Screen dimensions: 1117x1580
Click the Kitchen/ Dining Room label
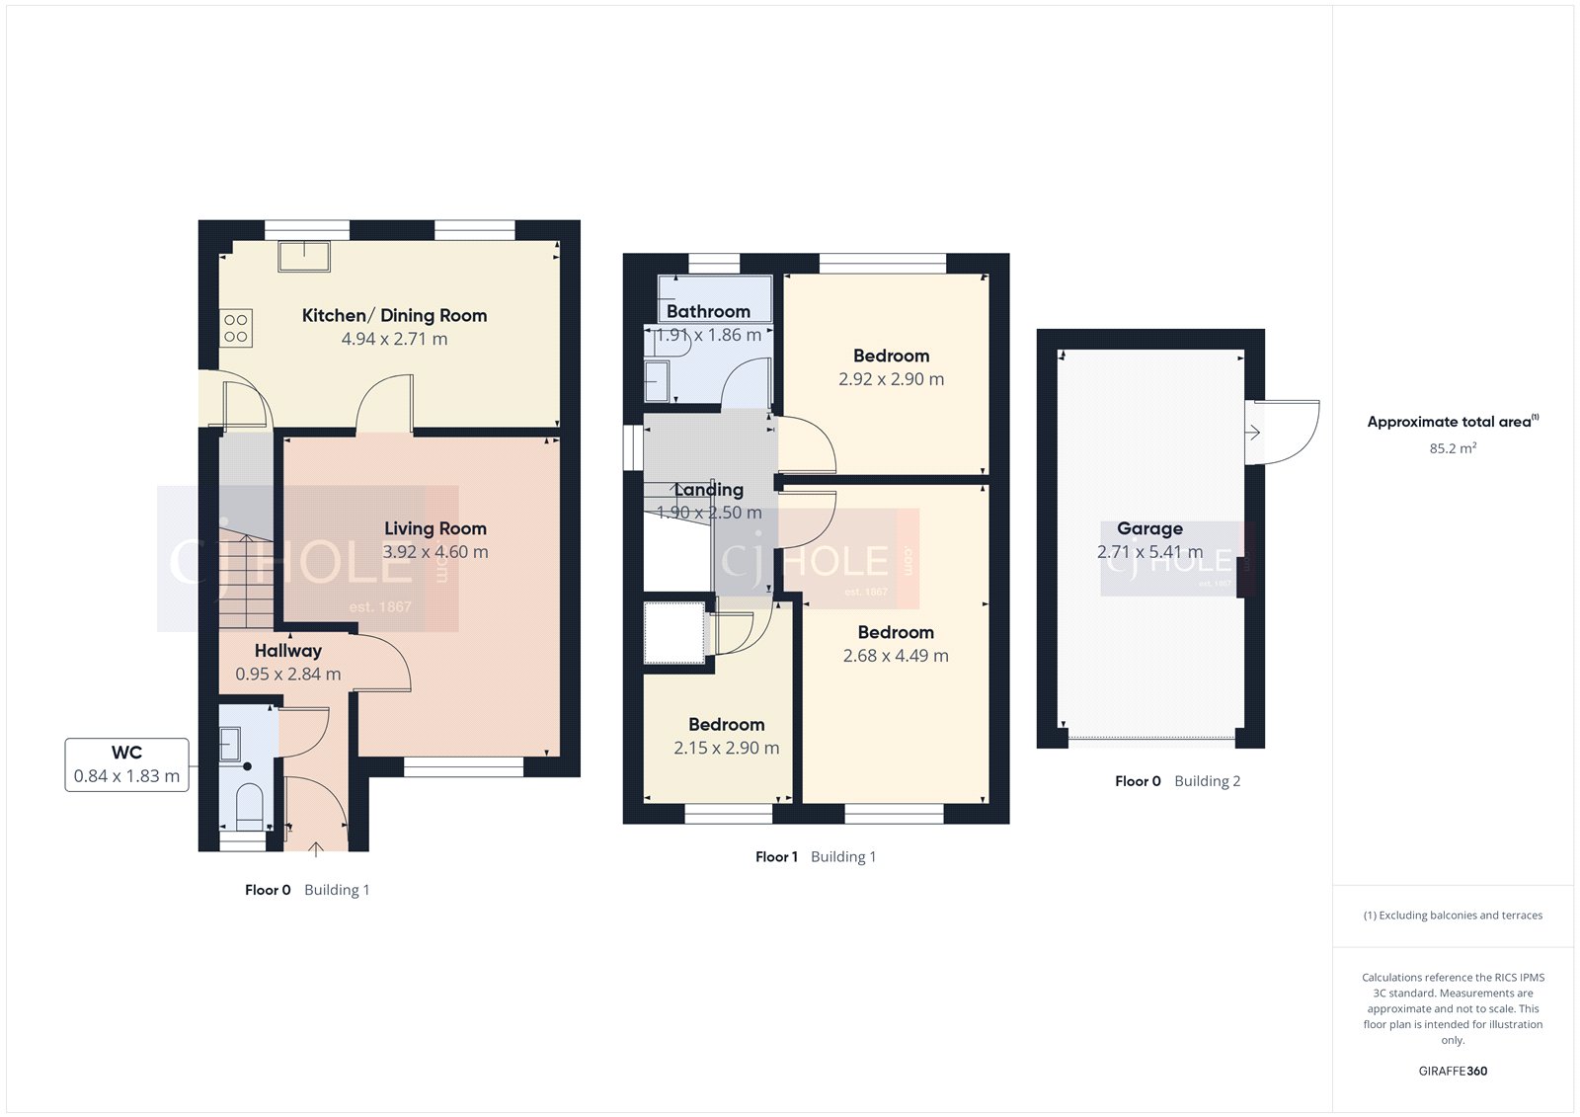point(394,316)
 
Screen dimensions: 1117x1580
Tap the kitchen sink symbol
point(304,256)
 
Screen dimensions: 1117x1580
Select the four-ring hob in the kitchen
point(236,328)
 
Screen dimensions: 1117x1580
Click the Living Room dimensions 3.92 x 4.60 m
point(435,552)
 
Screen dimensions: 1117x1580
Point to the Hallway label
point(287,651)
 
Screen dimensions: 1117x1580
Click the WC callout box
point(126,764)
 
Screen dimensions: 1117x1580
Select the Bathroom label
point(708,312)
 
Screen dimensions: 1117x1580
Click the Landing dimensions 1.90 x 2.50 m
point(709,513)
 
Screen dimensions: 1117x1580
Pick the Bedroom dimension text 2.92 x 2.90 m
point(891,379)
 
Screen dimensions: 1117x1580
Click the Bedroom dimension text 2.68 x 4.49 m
point(895,656)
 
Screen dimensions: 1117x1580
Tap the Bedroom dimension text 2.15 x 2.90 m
point(726,749)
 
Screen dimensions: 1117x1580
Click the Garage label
point(1149,529)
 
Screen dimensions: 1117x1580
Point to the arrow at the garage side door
point(1252,433)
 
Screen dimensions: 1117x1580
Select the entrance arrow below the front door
point(316,848)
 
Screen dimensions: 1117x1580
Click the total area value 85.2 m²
point(1453,448)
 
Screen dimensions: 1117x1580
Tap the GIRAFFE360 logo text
point(1453,1071)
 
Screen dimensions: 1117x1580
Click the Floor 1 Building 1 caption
point(815,857)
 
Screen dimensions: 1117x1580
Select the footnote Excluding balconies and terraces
point(1453,916)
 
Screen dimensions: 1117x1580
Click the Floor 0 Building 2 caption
point(1177,781)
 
